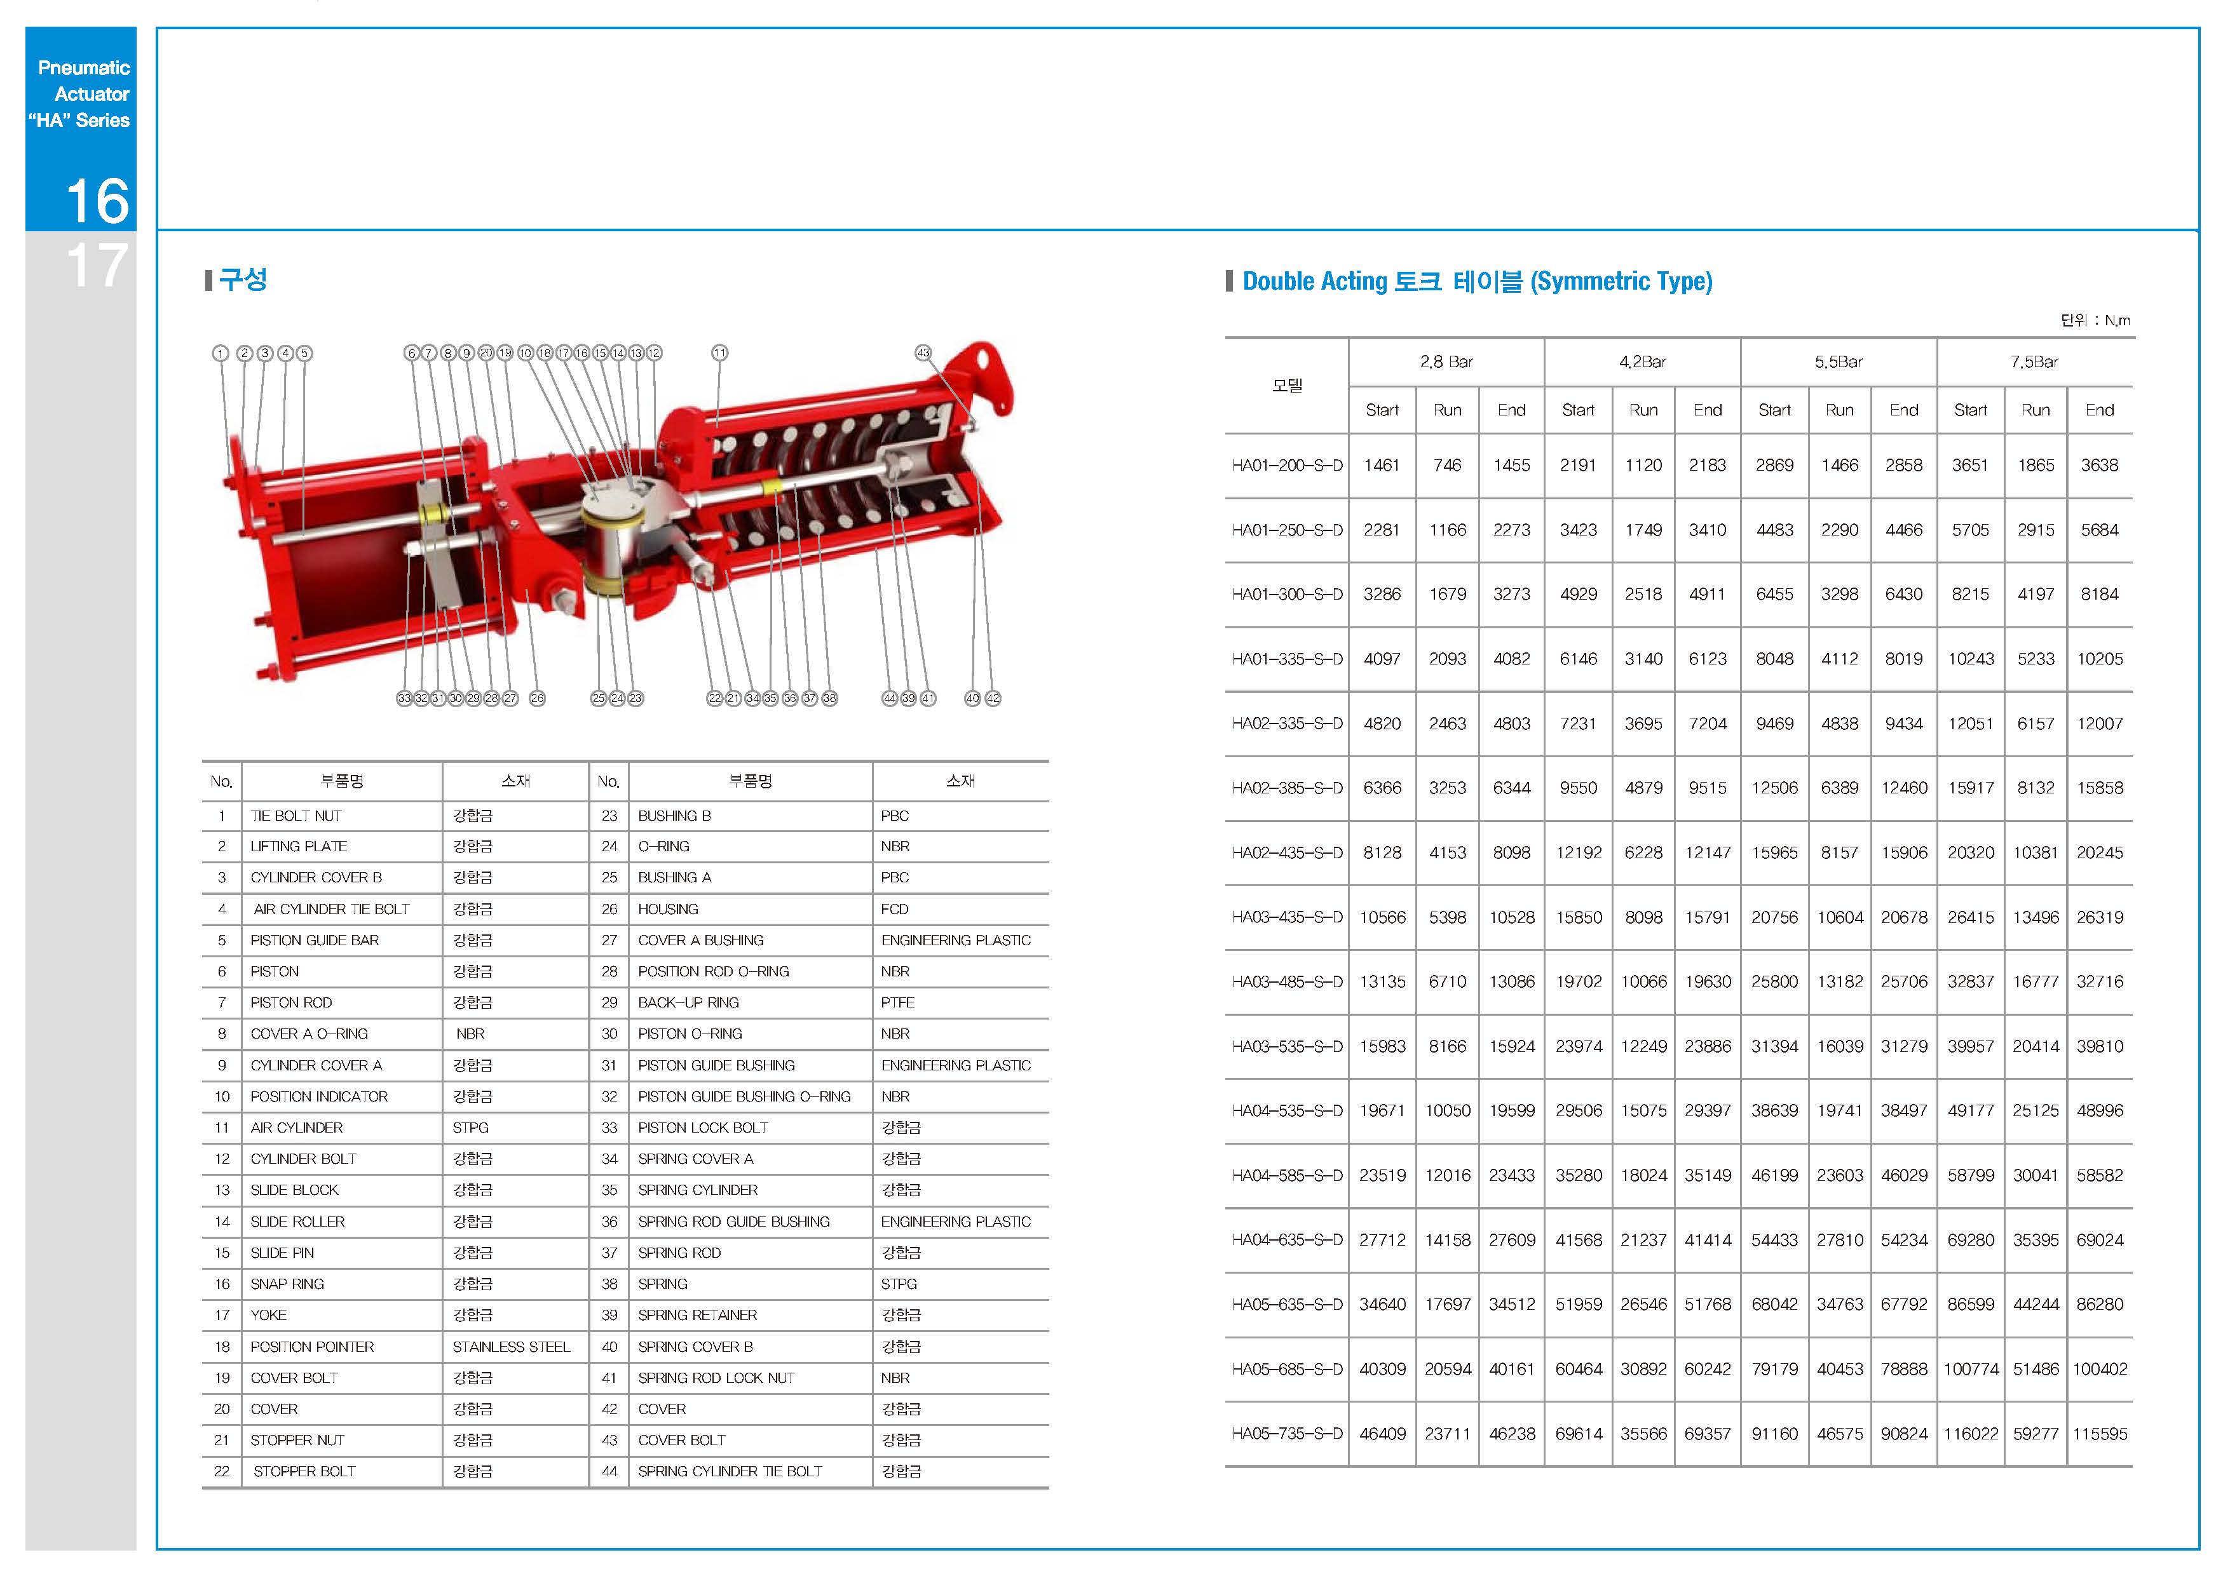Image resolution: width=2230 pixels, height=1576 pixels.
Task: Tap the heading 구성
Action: coord(243,280)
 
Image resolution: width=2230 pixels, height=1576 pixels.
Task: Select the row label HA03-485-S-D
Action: coord(1287,981)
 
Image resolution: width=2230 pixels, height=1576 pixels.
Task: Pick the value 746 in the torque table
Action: coord(1447,465)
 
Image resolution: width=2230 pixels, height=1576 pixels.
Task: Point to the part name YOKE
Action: coord(269,1315)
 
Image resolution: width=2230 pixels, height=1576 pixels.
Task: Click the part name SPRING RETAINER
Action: coord(697,1315)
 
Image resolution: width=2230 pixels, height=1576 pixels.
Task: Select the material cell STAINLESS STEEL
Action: coord(511,1346)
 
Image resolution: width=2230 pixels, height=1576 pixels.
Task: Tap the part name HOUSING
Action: coord(668,909)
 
